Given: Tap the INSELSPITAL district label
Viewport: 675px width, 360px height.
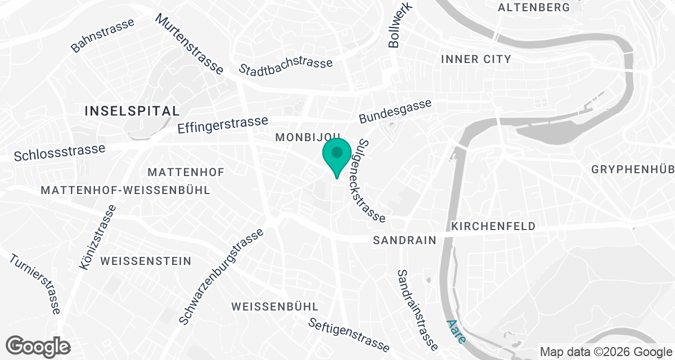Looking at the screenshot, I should coord(132,111).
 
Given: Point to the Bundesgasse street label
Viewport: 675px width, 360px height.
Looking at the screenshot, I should coord(395,111).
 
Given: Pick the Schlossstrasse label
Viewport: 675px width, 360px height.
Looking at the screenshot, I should coord(60,152).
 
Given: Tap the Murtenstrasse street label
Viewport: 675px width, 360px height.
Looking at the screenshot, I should coord(190,44).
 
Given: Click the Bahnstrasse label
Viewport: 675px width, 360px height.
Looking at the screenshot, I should coord(103,35).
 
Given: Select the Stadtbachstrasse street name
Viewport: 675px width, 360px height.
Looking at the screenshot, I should coord(286,66).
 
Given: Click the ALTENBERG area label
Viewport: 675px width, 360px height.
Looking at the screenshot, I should coord(534,7).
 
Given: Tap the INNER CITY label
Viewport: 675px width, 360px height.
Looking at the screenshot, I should coord(476,59).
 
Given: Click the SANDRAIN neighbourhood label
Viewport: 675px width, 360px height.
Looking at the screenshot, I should coord(404,240).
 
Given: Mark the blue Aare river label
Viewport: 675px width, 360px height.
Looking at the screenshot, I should coord(456,332).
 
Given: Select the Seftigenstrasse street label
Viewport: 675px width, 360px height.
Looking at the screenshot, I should coord(349,334).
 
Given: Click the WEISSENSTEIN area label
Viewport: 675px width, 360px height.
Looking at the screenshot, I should coord(146,261).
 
